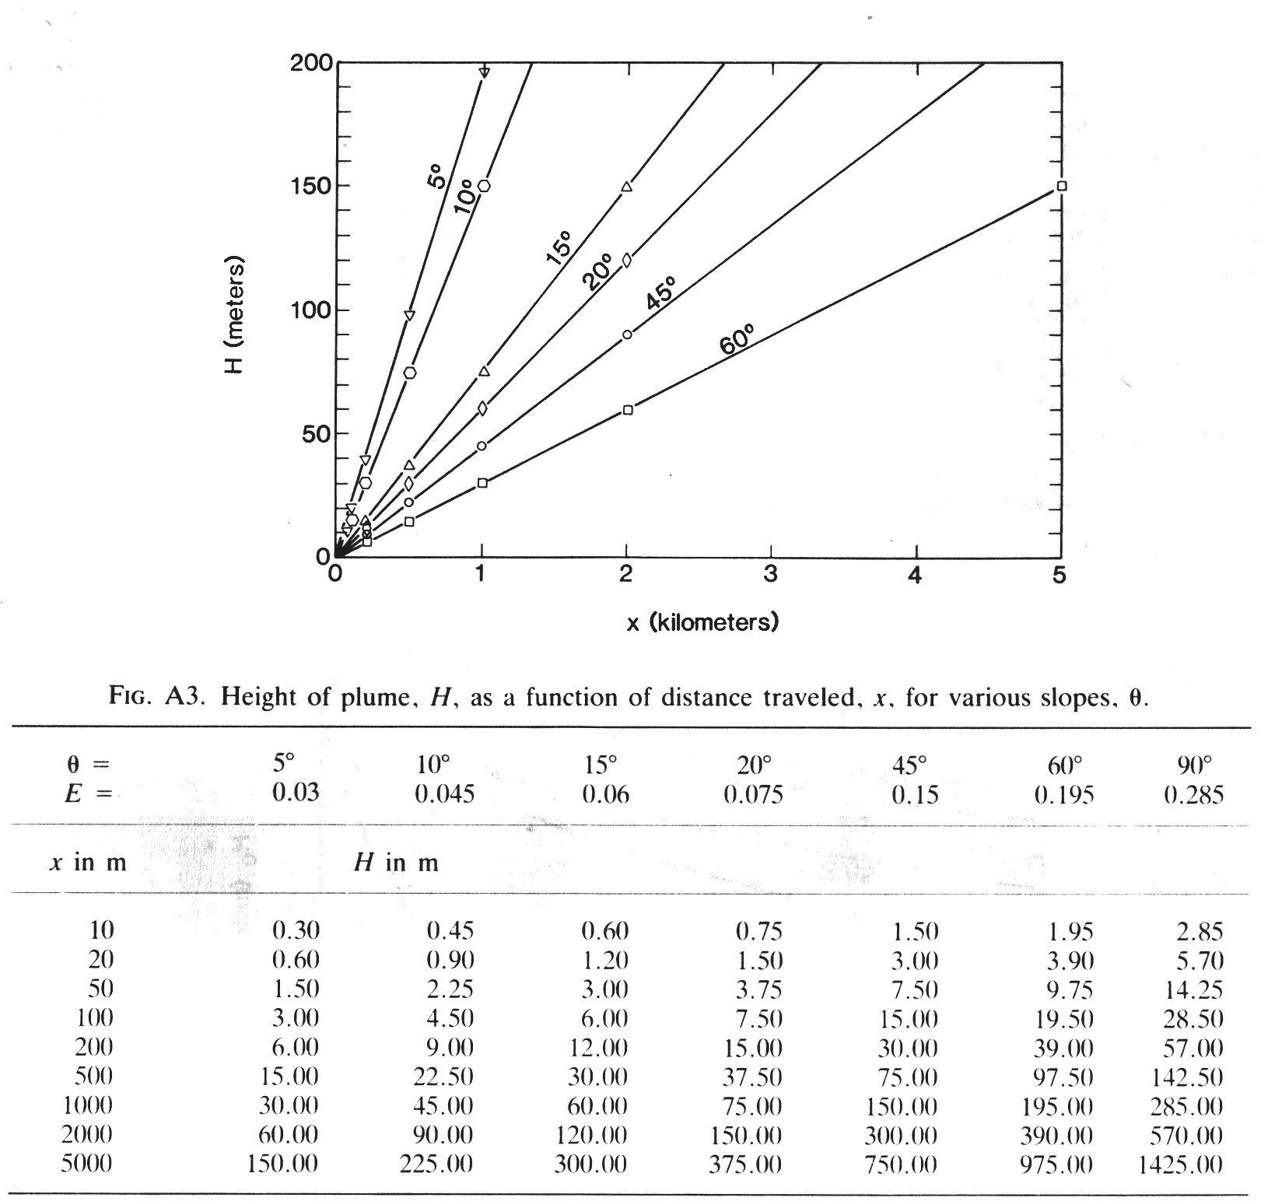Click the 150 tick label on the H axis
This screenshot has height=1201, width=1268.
click(x=310, y=186)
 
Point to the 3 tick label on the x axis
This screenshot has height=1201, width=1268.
click(x=771, y=575)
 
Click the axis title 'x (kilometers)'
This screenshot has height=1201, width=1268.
click(x=702, y=622)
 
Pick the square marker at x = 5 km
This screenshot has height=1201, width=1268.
click(x=1062, y=186)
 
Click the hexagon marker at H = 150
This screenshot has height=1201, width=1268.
click(x=484, y=186)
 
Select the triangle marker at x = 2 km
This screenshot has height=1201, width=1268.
click(x=627, y=187)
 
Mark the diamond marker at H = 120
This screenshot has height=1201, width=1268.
click(x=627, y=260)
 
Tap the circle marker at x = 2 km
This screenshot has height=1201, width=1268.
click(x=627, y=335)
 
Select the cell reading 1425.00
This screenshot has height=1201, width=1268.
click(x=1179, y=1164)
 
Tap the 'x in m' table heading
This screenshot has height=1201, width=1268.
click(x=88, y=862)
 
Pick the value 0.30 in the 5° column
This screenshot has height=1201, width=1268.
click(x=296, y=931)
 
